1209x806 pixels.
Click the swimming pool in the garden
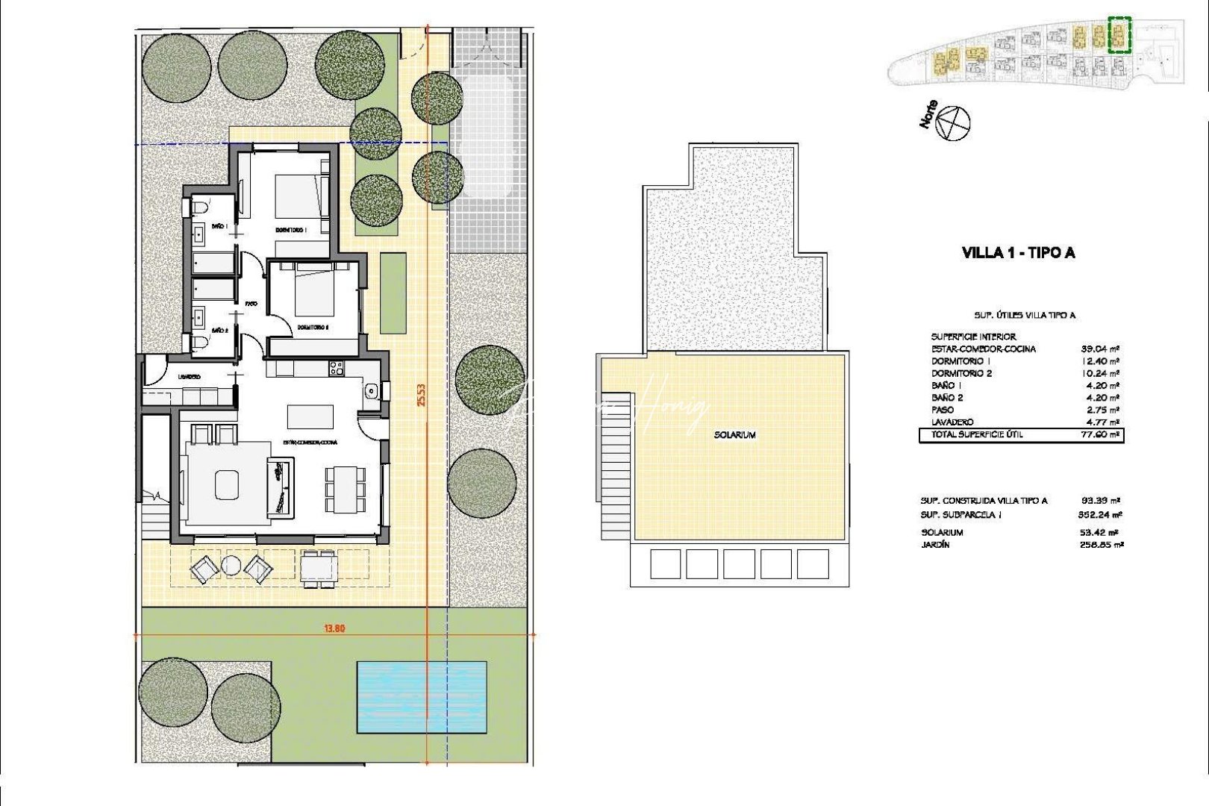(422, 696)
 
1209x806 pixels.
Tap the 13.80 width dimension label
(334, 628)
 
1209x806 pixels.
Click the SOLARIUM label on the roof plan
(735, 434)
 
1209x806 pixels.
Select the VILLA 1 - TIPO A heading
(1019, 253)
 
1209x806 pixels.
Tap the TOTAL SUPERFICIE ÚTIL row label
(977, 434)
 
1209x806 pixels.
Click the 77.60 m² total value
(1101, 434)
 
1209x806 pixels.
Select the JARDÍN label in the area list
(935, 545)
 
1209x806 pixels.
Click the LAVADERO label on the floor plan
(189, 377)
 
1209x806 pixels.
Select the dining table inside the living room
(346, 489)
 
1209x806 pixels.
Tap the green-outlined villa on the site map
(1119, 35)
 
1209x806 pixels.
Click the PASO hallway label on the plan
(252, 304)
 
